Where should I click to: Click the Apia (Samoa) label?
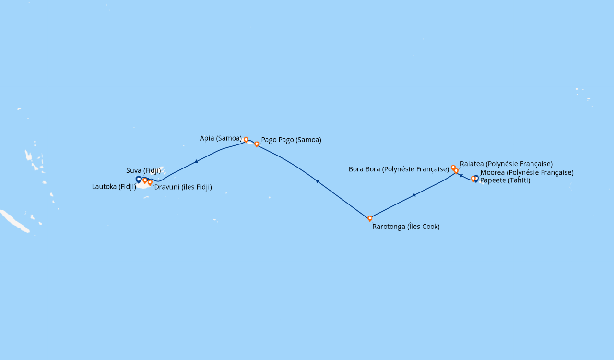(x=221, y=138)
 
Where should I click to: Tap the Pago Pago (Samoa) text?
(x=291, y=140)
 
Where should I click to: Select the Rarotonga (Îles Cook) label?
(x=406, y=227)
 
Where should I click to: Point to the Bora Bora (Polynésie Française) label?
(x=399, y=169)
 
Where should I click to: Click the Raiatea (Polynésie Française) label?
(x=506, y=164)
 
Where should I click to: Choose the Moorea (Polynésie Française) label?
(x=527, y=172)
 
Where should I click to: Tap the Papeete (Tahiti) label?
(x=505, y=180)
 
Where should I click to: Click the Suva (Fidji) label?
(x=143, y=170)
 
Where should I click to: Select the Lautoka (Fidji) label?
(x=114, y=187)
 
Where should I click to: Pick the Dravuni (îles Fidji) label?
(x=183, y=187)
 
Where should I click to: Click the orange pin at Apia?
(x=246, y=140)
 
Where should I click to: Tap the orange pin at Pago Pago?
(x=257, y=144)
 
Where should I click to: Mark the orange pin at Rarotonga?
(x=370, y=218)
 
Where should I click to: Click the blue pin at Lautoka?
(x=139, y=180)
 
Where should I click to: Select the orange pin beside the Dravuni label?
(x=150, y=182)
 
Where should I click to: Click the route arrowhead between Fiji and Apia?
(x=196, y=162)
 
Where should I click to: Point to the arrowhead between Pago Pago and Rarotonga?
(x=317, y=181)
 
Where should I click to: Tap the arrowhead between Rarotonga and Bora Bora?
(x=413, y=195)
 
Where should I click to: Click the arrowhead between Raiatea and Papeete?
(x=460, y=176)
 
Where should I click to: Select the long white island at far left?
(x=14, y=221)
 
